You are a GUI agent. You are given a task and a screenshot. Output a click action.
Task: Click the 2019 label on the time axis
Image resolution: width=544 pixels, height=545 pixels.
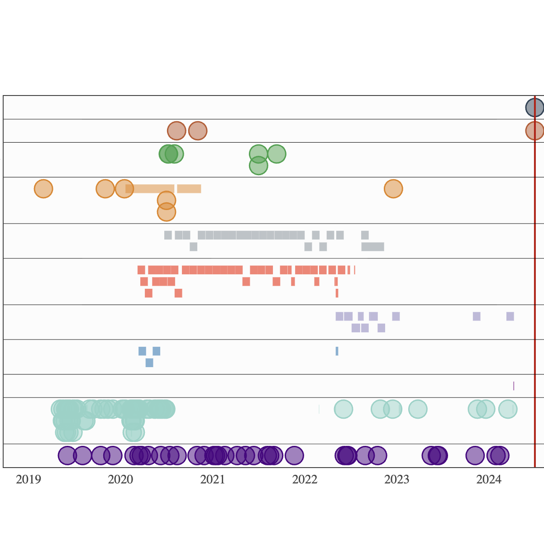[28, 479]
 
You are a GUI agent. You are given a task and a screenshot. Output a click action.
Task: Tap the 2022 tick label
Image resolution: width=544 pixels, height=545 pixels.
[305, 479]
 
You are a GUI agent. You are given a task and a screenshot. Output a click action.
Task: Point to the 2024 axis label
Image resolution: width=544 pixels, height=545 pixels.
[489, 479]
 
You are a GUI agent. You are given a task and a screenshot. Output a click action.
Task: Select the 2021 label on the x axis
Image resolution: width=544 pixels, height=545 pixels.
[212, 479]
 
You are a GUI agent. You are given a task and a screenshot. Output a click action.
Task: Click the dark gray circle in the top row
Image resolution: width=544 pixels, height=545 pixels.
[534, 108]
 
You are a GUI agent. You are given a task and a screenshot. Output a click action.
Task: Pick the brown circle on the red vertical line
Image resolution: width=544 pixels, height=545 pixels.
[534, 131]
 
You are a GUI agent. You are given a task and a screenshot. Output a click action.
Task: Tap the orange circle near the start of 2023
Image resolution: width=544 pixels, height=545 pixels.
[393, 189]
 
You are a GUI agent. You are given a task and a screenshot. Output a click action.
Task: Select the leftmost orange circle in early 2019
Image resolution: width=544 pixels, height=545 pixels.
[43, 189]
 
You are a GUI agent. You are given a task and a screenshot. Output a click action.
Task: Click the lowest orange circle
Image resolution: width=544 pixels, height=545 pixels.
[167, 212]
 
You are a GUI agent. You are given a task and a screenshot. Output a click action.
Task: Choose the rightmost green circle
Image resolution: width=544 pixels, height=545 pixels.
[277, 154]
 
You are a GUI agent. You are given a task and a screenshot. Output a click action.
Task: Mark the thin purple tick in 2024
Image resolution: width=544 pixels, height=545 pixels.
[514, 386]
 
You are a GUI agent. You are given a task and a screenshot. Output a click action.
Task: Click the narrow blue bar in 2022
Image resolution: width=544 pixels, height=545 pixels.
[337, 351]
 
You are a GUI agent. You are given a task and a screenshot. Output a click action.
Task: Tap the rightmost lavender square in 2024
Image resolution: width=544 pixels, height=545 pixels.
[510, 316]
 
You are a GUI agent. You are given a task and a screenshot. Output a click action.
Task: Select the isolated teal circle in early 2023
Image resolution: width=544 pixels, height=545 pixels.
[418, 409]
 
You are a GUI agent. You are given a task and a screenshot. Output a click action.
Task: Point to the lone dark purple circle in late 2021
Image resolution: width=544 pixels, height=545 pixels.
[295, 455]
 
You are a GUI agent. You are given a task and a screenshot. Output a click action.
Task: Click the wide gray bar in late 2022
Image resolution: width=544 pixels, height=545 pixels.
[372, 247]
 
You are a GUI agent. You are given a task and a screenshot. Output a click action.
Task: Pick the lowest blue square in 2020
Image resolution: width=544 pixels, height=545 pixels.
[149, 363]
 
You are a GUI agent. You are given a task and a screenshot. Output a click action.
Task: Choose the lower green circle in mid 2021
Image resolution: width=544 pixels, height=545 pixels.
[258, 166]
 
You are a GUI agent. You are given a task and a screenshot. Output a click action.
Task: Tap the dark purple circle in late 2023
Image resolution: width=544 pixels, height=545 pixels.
[475, 455]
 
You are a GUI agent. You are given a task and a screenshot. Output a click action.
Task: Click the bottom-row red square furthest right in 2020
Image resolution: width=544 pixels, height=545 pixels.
[178, 293]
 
